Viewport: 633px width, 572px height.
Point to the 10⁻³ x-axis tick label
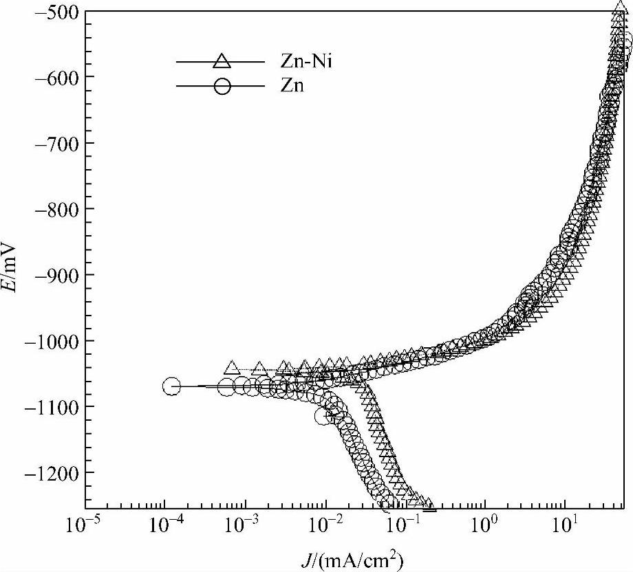point(244,526)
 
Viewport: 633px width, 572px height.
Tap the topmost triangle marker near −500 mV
point(619,10)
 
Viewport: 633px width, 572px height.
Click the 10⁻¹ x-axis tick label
point(405,526)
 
